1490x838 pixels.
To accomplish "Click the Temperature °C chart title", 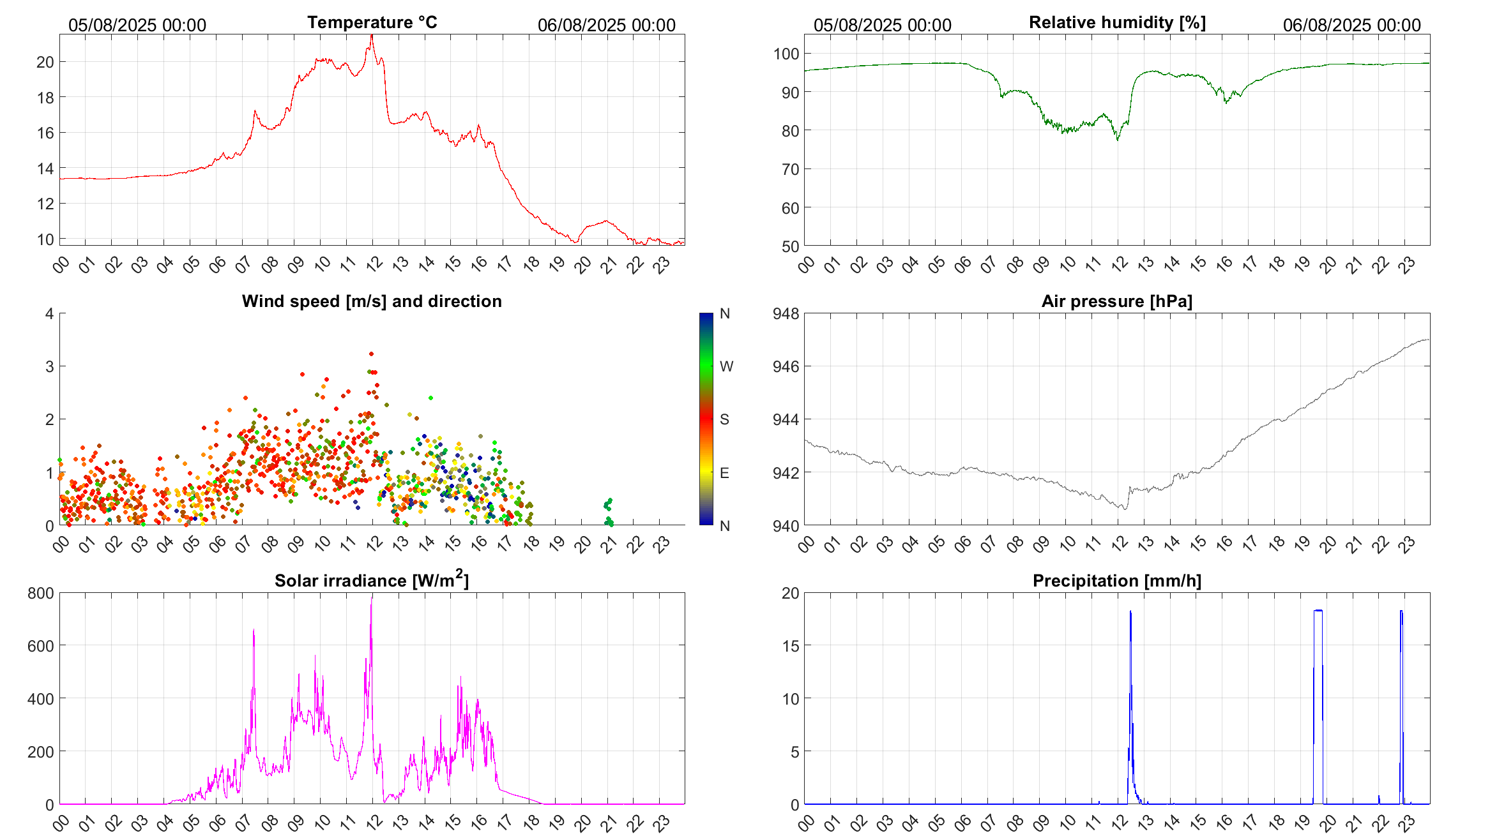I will [x=372, y=22].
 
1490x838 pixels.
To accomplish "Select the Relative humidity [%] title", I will [x=1117, y=22].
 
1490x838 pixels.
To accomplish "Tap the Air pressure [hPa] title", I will [x=1116, y=301].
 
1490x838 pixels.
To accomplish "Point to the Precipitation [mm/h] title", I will [x=1116, y=581].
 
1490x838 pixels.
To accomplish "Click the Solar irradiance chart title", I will [x=372, y=580].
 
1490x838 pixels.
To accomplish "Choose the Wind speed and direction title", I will [x=372, y=301].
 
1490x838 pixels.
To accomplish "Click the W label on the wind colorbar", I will [x=726, y=366].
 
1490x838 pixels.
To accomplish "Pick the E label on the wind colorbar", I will [x=724, y=473].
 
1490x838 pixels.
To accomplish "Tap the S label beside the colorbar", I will [x=724, y=419].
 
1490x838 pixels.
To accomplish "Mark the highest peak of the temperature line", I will [x=372, y=36].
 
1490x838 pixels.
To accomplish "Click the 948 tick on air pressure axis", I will [x=786, y=313].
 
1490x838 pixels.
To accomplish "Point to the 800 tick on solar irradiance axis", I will [x=41, y=593].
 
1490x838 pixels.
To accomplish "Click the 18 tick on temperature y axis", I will [x=45, y=98].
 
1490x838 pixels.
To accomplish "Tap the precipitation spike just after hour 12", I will [x=1130, y=613].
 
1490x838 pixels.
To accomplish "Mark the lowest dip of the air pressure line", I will [x=1124, y=508].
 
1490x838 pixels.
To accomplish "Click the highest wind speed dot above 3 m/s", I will [x=371, y=354].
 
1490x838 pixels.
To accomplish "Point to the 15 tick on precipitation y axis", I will [x=790, y=646].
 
